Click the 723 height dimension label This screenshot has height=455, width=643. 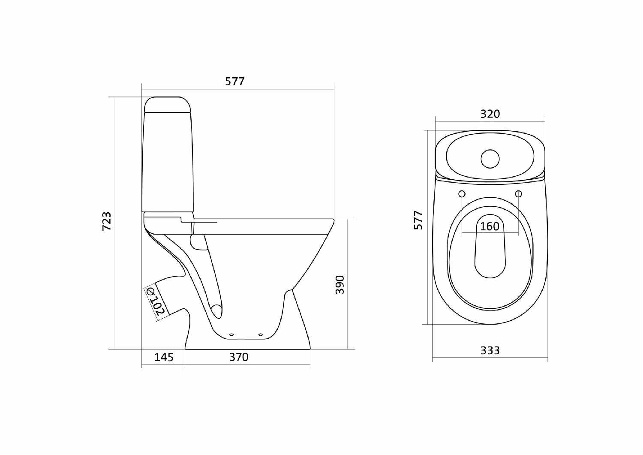107,221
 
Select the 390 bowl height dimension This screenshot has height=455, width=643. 340,285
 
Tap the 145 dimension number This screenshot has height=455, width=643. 164,357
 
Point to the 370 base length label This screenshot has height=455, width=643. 239,357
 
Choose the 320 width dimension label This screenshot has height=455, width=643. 490,114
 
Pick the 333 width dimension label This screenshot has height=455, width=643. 490,350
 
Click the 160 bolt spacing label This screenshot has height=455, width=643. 490,226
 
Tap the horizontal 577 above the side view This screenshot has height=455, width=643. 235,81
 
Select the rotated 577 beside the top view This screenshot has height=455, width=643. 418,220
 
